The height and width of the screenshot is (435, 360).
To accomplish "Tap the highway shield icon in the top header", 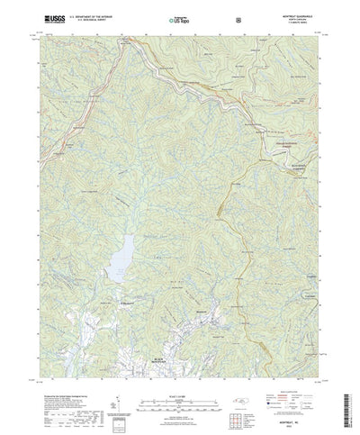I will tap(238, 18).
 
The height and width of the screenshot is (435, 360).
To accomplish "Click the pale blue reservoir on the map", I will tap(122, 258).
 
